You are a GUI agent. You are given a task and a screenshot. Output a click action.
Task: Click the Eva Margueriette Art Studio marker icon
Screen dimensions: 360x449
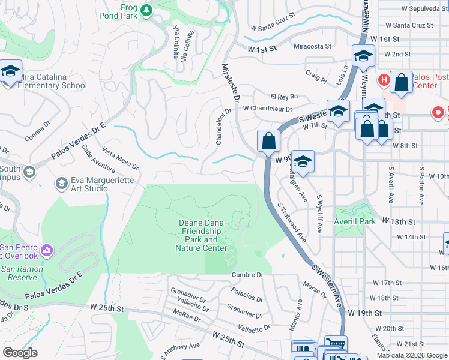tap(61, 182)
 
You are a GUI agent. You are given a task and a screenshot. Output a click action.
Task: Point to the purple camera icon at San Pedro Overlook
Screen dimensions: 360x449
tap(47, 249)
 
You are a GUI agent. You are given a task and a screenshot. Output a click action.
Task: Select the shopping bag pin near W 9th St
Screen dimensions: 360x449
tap(268, 142)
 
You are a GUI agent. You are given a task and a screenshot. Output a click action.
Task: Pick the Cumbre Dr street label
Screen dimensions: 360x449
tap(247, 275)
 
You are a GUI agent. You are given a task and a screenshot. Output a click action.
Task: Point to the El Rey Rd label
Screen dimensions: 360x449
tap(284, 97)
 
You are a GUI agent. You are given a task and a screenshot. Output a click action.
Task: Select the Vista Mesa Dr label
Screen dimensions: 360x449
tap(121, 159)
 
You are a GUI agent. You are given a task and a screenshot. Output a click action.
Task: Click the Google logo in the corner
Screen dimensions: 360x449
tap(20, 353)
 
